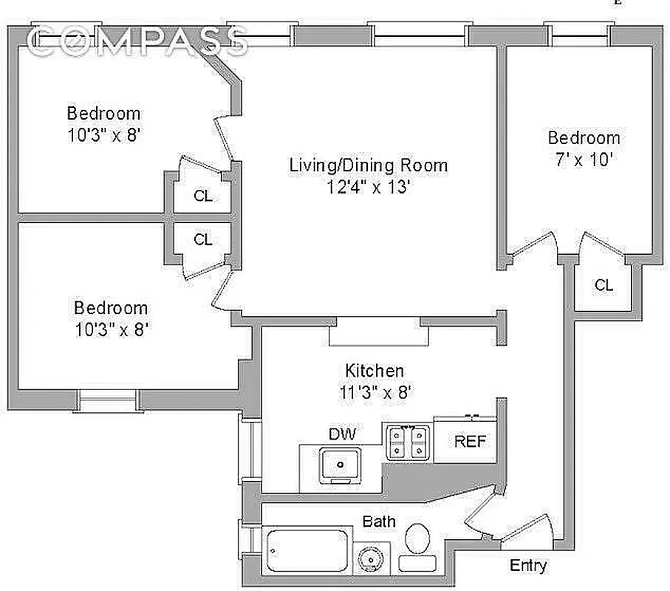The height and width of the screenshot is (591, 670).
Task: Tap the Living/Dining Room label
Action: (368, 165)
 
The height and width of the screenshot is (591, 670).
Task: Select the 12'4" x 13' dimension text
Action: (368, 188)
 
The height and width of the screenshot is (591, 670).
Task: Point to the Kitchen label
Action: (375, 370)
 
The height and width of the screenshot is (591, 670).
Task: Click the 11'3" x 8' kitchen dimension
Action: (375, 392)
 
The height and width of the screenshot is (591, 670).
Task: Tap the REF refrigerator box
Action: (470, 441)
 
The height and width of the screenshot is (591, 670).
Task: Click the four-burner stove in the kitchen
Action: (407, 441)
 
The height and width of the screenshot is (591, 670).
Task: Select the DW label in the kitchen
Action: (342, 434)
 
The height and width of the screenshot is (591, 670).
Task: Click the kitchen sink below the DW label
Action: (341, 465)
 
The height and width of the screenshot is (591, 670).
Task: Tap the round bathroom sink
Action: (369, 556)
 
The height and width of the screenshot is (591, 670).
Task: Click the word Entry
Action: (529, 566)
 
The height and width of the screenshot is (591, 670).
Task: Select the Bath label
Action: (378, 522)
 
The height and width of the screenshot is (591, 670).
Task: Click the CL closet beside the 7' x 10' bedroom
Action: (604, 284)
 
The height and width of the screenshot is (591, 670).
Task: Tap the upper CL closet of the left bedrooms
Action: (203, 196)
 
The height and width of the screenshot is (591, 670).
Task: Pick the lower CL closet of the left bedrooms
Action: (203, 239)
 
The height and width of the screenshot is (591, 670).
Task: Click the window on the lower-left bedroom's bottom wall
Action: (108, 400)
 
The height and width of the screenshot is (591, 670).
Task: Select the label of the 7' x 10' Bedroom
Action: (583, 137)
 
